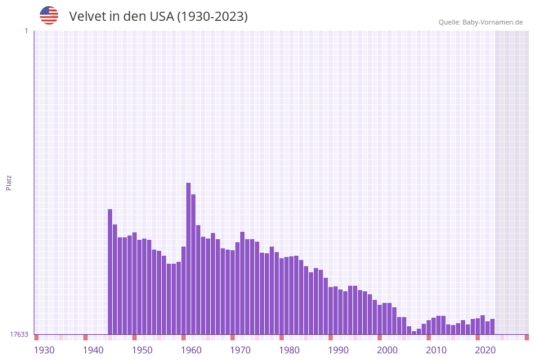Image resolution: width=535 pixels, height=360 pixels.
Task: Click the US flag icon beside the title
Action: pos(49,15)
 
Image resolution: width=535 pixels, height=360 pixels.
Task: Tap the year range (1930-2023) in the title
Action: pos(212,17)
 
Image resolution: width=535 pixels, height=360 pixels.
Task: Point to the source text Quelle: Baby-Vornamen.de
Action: pos(480,22)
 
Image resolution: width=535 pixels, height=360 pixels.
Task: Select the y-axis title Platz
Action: pos(9,182)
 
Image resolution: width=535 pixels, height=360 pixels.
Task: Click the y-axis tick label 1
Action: pos(26,31)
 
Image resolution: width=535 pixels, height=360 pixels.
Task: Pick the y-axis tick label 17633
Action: pos(19,334)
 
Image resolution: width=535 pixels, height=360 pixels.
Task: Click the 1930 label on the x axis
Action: pos(44,350)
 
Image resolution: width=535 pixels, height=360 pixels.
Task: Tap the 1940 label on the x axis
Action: pos(93,350)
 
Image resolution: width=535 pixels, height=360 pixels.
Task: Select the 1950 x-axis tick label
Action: pos(142,350)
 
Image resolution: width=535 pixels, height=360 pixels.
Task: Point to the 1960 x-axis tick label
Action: pos(191,350)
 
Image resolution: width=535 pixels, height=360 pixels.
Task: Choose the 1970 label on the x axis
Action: pos(240,350)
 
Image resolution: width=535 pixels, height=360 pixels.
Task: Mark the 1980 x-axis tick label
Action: pos(289,350)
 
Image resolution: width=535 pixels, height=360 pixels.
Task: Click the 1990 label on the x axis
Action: pos(338,350)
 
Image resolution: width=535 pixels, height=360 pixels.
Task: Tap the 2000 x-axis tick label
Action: pos(387,350)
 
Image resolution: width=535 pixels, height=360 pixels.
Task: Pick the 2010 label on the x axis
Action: pos(436,350)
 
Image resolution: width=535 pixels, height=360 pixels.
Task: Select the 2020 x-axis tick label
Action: pos(485,350)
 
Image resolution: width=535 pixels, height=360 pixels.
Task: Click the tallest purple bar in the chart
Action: pos(189,258)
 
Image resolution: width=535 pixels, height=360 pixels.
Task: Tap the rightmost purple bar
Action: pos(492,327)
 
